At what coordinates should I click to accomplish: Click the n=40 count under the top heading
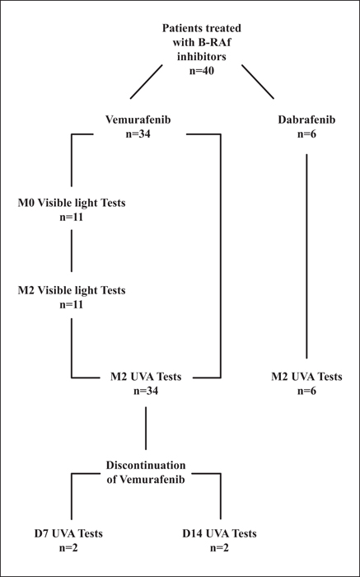pos(202,71)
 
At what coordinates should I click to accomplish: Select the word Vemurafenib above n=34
pos(138,120)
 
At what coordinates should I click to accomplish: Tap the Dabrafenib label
pos(306,120)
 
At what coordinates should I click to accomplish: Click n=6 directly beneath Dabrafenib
pos(306,134)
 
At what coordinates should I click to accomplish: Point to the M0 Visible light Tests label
pos(72,203)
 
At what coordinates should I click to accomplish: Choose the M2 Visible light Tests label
pos(72,290)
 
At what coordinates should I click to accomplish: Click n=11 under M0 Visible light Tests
pos(72,217)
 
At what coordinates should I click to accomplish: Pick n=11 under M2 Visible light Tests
pos(72,305)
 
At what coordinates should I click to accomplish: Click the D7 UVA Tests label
pos(68,533)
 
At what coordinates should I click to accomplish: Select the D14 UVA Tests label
pos(219,533)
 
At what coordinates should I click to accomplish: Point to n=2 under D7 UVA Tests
pos(68,547)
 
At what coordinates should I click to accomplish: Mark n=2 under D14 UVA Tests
pos(219,547)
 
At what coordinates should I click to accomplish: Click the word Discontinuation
pos(146,465)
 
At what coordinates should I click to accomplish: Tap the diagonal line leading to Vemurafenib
pos(147,82)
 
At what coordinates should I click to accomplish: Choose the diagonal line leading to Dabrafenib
pos(258,82)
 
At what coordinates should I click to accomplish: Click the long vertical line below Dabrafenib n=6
pos(306,256)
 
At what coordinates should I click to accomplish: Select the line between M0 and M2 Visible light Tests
pos(72,251)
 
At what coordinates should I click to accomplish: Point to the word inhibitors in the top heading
pos(202,57)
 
